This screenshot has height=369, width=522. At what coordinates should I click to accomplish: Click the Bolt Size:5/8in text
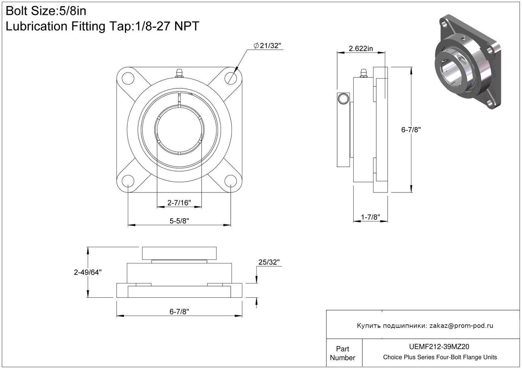46,11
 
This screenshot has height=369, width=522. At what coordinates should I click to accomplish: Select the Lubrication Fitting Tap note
102,26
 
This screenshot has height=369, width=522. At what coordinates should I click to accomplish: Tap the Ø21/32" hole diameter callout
267,46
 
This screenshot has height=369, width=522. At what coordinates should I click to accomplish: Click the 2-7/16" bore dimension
179,203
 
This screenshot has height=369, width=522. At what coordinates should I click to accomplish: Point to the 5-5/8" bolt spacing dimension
179,220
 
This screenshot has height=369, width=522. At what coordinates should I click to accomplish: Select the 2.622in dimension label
361,48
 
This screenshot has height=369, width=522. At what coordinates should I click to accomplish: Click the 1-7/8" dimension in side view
370,217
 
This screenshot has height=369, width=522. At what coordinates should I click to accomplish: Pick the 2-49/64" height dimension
88,272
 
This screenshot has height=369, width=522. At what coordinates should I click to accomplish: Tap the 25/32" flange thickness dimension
269,262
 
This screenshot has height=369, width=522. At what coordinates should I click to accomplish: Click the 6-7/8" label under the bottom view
179,311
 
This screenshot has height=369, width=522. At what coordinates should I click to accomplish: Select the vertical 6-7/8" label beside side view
411,130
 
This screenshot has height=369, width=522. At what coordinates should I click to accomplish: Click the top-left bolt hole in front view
128,78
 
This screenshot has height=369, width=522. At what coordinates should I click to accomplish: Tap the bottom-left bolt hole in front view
128,181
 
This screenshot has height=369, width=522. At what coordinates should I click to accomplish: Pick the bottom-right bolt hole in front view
231,181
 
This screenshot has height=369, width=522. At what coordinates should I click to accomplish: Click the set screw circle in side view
343,99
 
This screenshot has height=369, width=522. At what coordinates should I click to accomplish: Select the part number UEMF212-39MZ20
439,347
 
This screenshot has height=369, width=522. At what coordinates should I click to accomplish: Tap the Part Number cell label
342,353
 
